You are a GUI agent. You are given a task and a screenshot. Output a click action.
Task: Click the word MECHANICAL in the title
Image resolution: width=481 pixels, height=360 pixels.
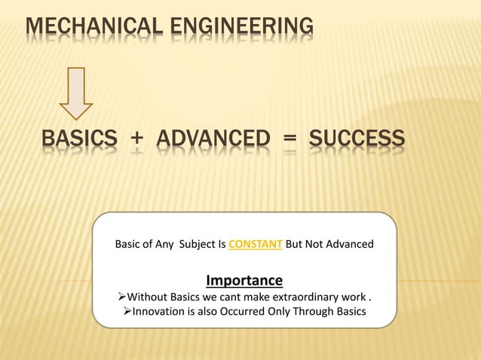point(90,28)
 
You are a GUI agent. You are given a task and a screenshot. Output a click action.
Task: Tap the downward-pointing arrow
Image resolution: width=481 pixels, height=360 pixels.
point(76,93)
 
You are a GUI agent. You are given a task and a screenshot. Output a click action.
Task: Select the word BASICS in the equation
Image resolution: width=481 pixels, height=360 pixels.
point(79,139)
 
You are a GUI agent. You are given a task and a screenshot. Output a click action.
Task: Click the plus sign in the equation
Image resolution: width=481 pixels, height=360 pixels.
point(136,140)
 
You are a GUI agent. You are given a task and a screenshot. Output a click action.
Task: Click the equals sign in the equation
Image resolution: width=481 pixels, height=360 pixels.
point(290,140)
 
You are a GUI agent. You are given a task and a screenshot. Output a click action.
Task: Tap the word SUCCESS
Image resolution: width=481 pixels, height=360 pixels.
point(357,139)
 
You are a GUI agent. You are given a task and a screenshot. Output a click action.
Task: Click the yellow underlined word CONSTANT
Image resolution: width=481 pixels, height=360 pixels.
point(256,244)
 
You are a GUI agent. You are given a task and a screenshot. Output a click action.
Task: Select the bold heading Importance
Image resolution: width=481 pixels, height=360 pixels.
point(244,281)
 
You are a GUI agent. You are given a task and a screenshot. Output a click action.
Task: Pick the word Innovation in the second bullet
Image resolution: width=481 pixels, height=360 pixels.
point(161,312)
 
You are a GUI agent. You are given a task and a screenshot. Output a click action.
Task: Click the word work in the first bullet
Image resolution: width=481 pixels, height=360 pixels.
point(354,297)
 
